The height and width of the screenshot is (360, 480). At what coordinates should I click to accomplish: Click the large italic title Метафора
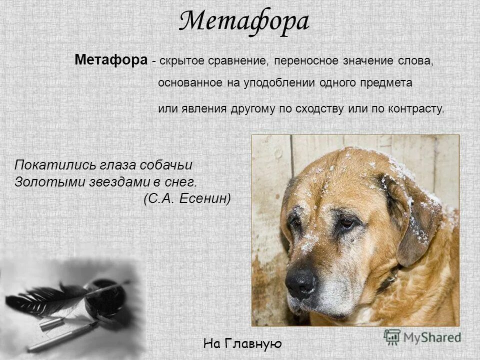click(244, 22)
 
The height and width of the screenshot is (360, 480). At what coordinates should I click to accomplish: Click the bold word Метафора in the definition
click(111, 60)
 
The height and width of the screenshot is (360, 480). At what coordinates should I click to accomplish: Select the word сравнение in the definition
click(240, 61)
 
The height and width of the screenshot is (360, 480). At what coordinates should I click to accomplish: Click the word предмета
click(385, 83)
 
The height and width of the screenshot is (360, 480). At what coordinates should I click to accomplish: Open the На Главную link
click(243, 343)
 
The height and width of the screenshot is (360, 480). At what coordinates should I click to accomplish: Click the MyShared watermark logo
click(422, 337)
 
